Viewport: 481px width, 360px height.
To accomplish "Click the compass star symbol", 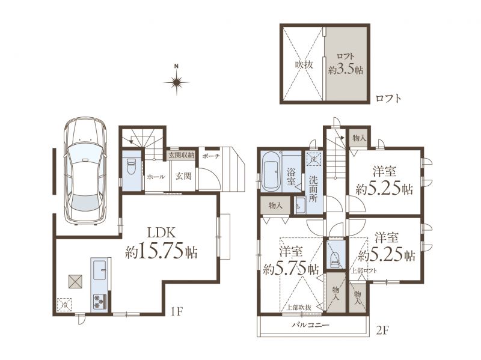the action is click(x=176, y=82).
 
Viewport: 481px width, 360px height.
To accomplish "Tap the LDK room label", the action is click(x=162, y=233).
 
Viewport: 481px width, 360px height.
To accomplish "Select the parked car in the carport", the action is click(x=85, y=171).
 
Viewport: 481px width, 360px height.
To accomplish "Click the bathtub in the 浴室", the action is click(x=271, y=171).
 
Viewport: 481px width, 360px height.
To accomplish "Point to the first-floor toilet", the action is click(x=131, y=166).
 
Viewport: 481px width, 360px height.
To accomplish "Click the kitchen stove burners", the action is click(x=100, y=302).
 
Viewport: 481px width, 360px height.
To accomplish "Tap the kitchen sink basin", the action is click(x=99, y=270).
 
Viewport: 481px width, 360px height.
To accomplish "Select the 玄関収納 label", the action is click(x=182, y=155).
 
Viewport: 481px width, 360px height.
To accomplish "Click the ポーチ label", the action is click(x=211, y=156).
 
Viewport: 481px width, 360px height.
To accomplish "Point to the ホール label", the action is click(x=156, y=177).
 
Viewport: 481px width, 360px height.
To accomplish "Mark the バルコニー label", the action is click(x=310, y=325).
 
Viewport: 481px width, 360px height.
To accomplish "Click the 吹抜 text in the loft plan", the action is click(x=304, y=65).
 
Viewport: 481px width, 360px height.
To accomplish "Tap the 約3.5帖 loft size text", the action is click(x=346, y=70).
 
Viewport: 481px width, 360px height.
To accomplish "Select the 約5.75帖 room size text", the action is click(x=291, y=269).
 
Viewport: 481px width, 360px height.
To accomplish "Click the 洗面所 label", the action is click(x=313, y=189).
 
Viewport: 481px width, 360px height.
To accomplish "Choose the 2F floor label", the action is click(x=383, y=331).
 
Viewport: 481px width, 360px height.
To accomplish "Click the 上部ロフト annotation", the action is click(x=364, y=271).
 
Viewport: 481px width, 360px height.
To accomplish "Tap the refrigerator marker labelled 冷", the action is click(x=64, y=305).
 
